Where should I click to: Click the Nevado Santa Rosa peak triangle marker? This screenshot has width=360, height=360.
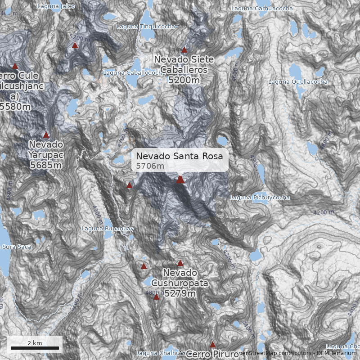click(x=180, y=180)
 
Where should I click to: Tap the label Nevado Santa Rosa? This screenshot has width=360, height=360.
click(x=180, y=156)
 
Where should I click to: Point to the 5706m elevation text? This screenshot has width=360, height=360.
click(x=150, y=166)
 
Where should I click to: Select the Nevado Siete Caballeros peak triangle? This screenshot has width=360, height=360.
click(x=184, y=50)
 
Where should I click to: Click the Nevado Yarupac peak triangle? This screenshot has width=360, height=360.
click(x=46, y=135)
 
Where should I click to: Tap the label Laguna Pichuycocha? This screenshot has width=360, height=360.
click(x=260, y=198)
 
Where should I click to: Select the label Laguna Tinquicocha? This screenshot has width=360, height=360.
click(x=146, y=27)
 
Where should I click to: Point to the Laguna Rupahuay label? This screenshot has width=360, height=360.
click(x=108, y=229)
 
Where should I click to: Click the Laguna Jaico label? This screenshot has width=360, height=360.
click(x=56, y=6)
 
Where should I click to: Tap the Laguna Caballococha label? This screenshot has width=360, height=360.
click(x=132, y=72)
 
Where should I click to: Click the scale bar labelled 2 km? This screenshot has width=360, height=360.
click(x=35, y=347)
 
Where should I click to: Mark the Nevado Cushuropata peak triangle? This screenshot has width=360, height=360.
click(x=180, y=263)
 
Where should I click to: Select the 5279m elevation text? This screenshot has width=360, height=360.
click(x=180, y=294)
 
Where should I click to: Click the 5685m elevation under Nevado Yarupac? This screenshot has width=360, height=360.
click(x=46, y=165)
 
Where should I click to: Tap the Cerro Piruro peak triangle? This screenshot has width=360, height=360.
click(x=213, y=345)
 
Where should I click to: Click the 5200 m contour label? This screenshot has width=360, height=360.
click(x=79, y=37)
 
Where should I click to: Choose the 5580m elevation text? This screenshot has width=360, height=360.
click(x=15, y=107)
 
